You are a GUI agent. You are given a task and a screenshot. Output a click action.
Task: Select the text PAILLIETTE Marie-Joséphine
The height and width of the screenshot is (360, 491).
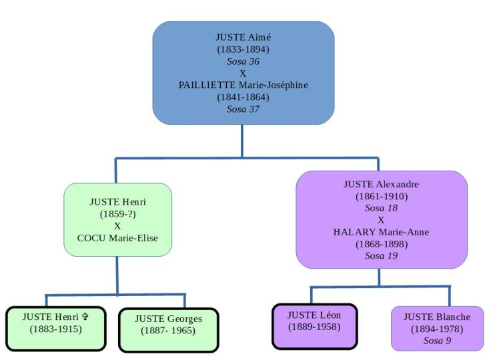[243, 85]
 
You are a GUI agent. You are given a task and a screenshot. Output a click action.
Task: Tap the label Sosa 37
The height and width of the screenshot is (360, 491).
[243, 110]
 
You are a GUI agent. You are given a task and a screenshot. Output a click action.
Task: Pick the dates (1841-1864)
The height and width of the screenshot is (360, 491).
[243, 97]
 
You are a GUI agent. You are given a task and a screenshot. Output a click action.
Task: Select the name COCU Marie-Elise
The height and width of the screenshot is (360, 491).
[118, 239]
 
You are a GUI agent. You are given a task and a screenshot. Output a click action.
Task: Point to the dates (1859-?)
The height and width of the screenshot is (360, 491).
[118, 213]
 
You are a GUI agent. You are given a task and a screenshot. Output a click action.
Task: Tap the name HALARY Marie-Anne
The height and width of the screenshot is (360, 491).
[381, 232]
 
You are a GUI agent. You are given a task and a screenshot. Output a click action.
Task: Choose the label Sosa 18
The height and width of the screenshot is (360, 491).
[381, 207]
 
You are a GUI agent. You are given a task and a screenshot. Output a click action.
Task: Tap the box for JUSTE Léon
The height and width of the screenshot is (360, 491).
[314, 326]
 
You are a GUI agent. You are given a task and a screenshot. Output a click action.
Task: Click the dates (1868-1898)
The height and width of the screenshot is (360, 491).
[381, 245]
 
